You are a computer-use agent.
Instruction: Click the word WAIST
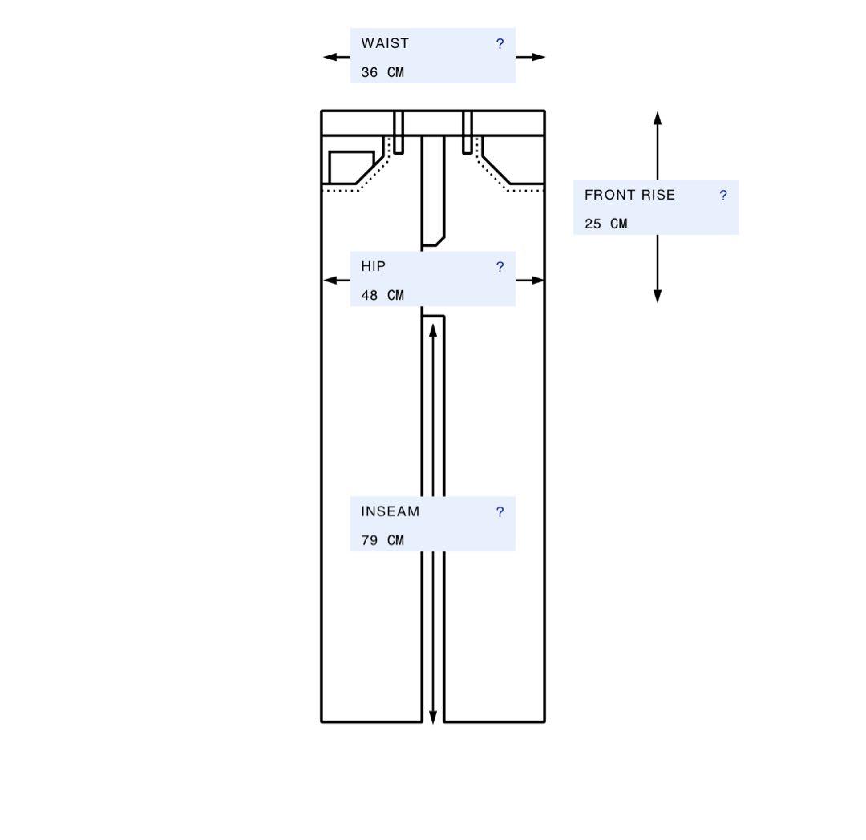(385, 43)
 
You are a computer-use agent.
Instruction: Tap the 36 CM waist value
(382, 72)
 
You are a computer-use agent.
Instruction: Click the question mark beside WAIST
(500, 43)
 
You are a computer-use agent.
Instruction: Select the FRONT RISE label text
(629, 195)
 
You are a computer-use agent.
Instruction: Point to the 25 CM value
(606, 224)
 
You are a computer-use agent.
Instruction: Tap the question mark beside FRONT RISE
(723, 195)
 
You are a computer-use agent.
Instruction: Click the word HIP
(374, 267)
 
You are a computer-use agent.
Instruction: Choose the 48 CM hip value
(382, 295)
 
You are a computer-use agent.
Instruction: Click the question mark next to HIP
(500, 267)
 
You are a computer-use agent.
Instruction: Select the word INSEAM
(390, 511)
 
